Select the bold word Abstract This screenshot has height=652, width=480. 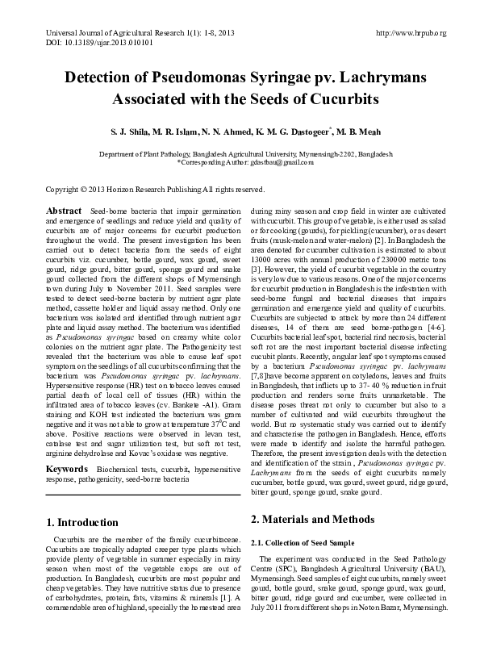pyautogui.click(x=65, y=210)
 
